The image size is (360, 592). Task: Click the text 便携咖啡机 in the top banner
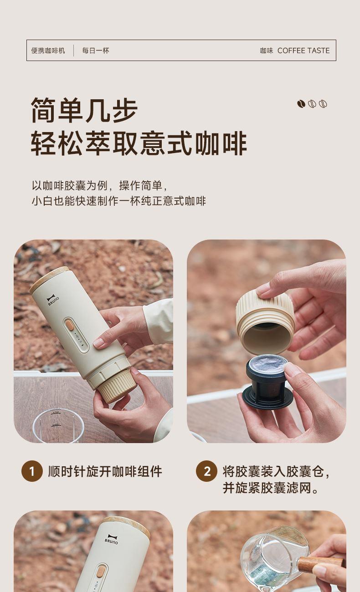[x=48, y=51]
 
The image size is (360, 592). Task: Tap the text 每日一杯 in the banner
[x=96, y=51]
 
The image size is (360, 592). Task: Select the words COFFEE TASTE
[x=303, y=51]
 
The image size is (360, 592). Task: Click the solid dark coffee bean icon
[x=301, y=104]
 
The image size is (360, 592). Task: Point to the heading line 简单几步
[x=84, y=110]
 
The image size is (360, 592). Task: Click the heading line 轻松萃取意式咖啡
[x=139, y=143]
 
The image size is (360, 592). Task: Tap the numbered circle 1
[x=32, y=471]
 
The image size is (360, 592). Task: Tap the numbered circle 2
[x=206, y=471]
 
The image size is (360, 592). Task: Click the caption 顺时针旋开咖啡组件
[x=105, y=471]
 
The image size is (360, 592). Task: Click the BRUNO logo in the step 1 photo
[x=53, y=300]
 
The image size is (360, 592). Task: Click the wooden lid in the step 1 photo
[x=50, y=279]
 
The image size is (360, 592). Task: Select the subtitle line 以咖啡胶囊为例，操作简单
[x=100, y=185]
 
